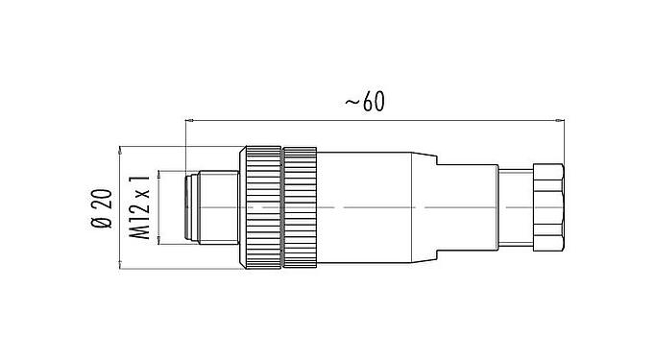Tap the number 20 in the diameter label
[102, 202]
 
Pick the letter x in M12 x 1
[141, 195]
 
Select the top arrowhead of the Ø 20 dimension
[120, 151]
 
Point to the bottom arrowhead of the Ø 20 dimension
[120, 263]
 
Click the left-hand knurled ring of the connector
[260, 206]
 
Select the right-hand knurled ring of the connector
[299, 206]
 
